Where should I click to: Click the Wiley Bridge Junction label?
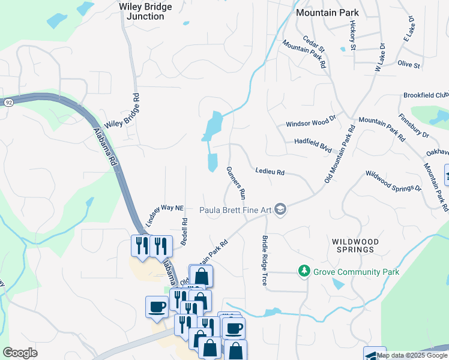point(145,11)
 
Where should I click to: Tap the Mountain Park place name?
point(327,12)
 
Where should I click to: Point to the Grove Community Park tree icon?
point(305,272)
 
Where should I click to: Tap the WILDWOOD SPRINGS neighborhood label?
point(355,246)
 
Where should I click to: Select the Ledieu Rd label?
point(270,172)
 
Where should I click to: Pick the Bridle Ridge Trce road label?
point(264,260)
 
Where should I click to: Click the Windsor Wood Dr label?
point(310,123)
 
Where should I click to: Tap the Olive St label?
point(408,64)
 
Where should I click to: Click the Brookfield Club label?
point(426,95)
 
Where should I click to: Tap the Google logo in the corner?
point(20,353)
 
